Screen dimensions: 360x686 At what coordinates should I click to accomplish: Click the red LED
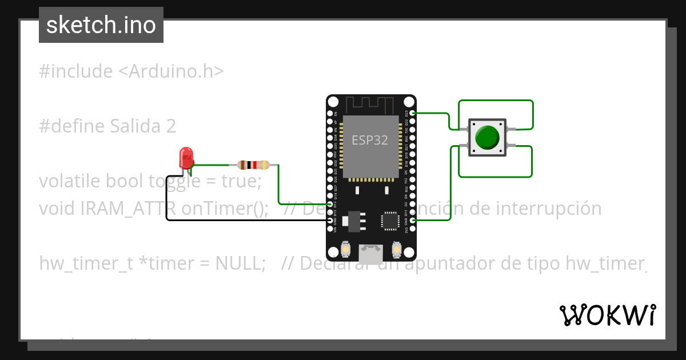pos(186,158)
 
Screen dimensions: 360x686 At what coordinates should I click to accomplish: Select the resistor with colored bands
pos(253,165)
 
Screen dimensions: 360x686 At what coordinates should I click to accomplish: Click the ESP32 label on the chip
pos(370,140)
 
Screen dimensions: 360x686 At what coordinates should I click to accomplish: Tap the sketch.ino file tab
pos(101,25)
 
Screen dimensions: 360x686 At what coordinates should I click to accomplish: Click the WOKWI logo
pos(607,315)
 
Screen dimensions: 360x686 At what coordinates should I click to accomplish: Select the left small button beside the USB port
pos(345,250)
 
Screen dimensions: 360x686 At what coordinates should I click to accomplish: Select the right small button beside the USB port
pos(396,250)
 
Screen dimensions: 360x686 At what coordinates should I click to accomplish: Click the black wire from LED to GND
pos(240,219)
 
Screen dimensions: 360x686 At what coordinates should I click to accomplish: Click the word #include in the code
pos(76,71)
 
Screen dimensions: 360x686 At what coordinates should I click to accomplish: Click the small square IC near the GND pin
pos(390,221)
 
